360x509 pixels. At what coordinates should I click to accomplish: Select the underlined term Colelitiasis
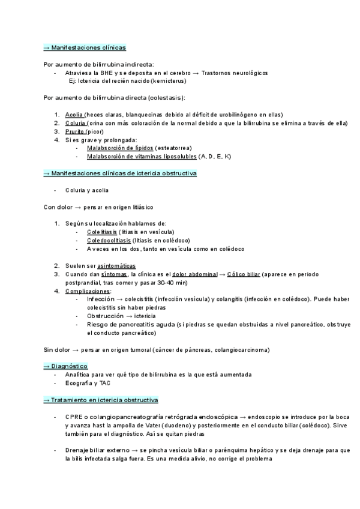click(x=101, y=232)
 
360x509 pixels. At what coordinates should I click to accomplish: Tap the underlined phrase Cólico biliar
click(x=244, y=274)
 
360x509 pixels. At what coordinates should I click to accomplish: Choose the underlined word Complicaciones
click(x=88, y=291)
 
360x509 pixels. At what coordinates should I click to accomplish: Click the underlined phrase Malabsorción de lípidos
click(x=119, y=148)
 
